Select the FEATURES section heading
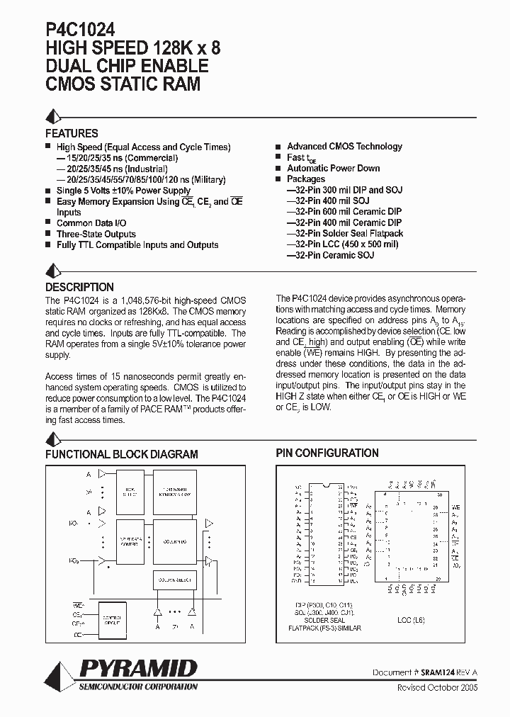[x=72, y=133]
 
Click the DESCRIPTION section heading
[x=79, y=287]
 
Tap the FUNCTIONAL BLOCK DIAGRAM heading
[x=122, y=454]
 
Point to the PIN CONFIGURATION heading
[x=327, y=453]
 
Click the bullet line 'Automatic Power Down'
[x=333, y=169]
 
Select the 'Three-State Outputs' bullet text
[x=96, y=234]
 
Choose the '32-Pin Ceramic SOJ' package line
[x=330, y=255]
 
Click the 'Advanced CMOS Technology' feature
[x=344, y=147]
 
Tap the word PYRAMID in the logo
[x=138, y=669]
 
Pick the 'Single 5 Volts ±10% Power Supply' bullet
[x=123, y=191]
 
